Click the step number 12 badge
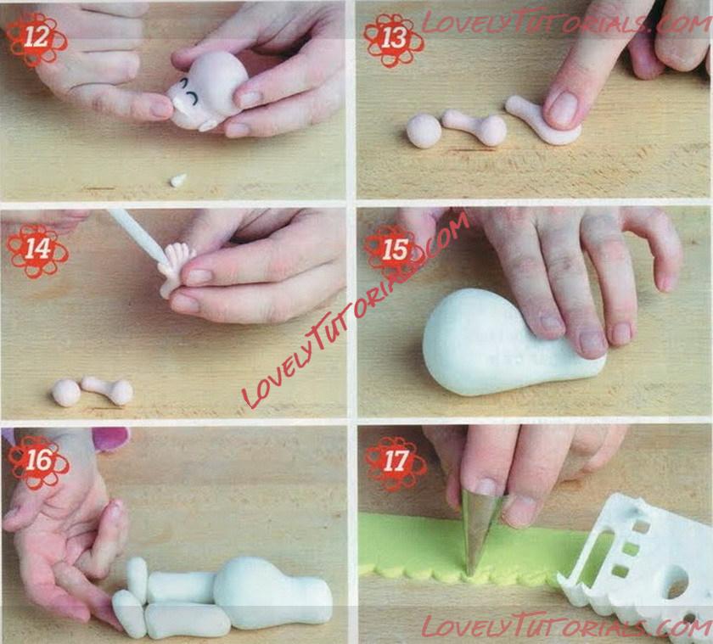tap(36, 38)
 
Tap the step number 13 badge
tap(394, 39)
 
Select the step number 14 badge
tap(37, 250)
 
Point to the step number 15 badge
tap(395, 251)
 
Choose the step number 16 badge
tap(38, 462)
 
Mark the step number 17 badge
tap(396, 462)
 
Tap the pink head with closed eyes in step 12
tap(207, 91)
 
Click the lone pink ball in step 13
tap(424, 131)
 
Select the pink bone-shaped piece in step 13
tap(475, 126)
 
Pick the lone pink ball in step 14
tap(66, 393)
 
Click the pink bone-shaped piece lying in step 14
tap(109, 389)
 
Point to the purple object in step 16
tap(111, 438)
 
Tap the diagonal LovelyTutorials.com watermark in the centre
tap(356, 309)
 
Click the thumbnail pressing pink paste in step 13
tap(563, 110)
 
